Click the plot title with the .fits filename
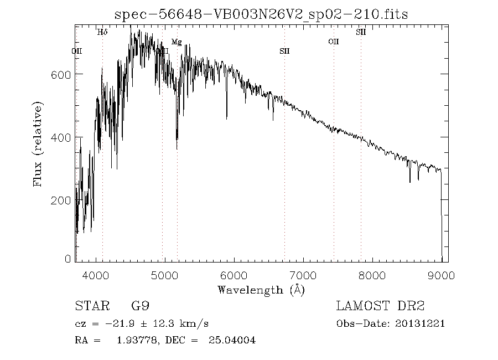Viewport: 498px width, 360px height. [x=261, y=15]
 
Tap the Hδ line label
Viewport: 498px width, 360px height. [x=102, y=32]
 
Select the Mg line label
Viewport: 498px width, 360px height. [x=177, y=42]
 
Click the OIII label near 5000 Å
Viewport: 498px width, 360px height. [x=162, y=51]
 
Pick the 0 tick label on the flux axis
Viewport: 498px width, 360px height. [x=69, y=259]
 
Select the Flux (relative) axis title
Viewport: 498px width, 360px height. [x=38, y=143]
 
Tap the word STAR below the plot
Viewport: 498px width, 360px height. [x=89, y=306]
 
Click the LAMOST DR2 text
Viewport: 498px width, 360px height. [x=380, y=306]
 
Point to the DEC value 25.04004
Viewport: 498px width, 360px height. [x=233, y=341]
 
